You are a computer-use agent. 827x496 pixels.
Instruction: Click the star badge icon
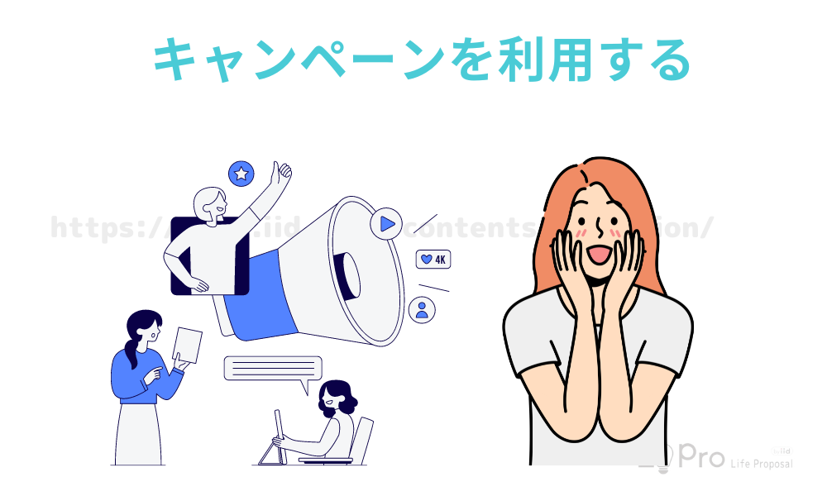coord(241,174)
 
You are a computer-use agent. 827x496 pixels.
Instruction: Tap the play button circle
coord(385,223)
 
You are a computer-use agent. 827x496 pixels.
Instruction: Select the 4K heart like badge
coord(433,259)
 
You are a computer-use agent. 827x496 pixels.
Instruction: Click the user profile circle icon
coord(423,310)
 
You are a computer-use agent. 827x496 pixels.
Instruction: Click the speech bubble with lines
coord(273,369)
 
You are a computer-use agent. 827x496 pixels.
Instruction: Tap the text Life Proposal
coord(761,465)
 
